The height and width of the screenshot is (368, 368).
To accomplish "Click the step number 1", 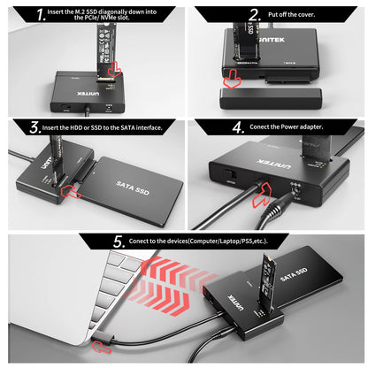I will coord(16,14).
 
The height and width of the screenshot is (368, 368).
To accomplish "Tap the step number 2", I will coord(255,14).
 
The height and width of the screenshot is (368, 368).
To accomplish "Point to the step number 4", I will coord(238,126).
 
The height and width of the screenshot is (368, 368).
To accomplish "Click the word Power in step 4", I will coord(295,127).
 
